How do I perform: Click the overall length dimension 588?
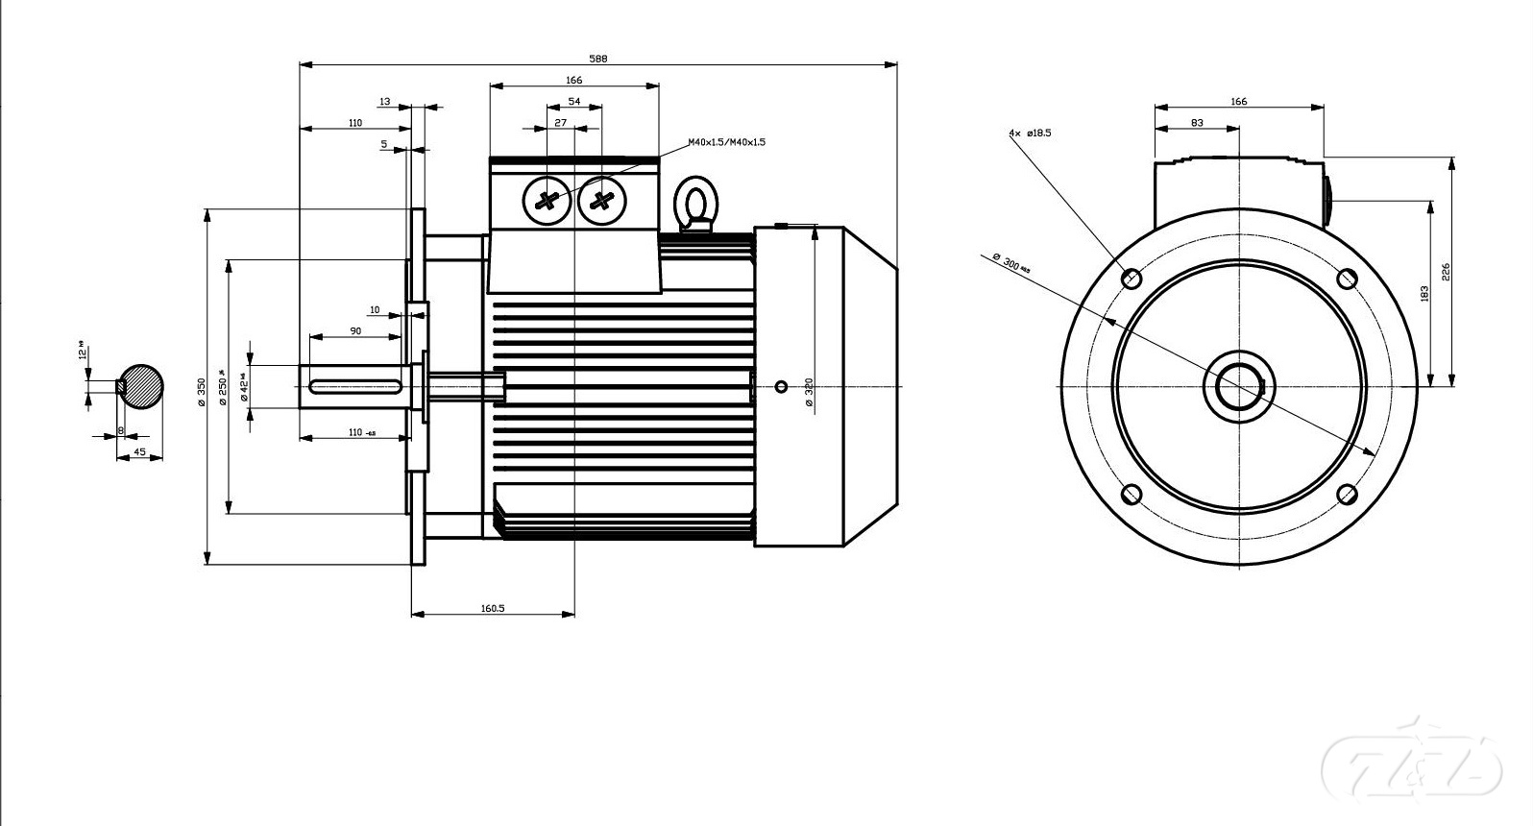[597, 59]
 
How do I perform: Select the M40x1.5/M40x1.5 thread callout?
[726, 142]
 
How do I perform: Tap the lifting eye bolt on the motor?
[695, 205]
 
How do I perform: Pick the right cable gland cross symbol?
[602, 202]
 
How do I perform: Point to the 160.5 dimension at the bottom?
[492, 608]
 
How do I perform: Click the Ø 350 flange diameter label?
[202, 391]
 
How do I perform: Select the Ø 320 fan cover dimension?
[809, 392]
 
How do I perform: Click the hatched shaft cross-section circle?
[141, 387]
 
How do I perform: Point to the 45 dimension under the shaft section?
[139, 451]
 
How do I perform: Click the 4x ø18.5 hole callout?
[1030, 133]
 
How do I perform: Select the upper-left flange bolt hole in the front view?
[1131, 279]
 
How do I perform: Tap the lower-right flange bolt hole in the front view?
[1347, 495]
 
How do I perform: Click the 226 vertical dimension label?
[1446, 272]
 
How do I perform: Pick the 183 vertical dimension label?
[1424, 294]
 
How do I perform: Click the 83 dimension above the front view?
[1196, 123]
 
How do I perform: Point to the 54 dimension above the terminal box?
[574, 101]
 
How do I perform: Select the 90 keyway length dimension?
[355, 330]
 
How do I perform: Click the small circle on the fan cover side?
[781, 386]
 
